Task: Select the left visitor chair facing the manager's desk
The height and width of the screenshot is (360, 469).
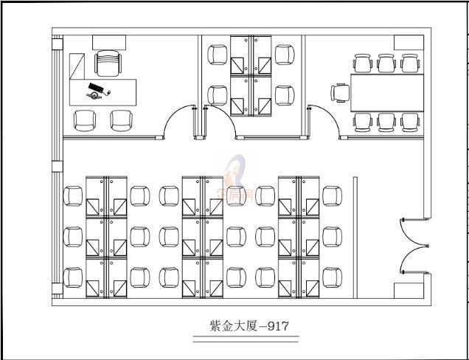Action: coord(85,120)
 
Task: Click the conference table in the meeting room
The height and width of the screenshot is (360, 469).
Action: coord(386,92)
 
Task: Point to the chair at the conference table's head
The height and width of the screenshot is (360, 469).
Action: coord(341,93)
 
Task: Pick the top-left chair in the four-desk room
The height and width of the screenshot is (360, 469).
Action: coord(218,55)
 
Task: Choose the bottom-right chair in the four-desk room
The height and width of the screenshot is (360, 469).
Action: coord(284,95)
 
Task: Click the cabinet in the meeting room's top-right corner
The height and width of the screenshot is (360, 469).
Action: coord(407,44)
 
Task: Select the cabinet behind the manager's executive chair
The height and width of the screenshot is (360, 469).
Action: coord(107,42)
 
